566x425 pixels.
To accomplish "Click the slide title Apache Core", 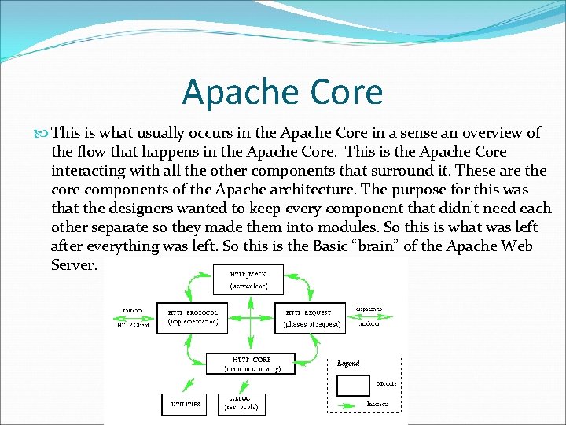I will [282, 92].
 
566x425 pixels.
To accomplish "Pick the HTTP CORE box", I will [250, 363].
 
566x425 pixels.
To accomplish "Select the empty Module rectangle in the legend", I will [353, 385].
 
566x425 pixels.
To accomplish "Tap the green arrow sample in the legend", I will [353, 404].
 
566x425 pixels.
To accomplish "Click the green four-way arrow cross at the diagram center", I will [249, 319].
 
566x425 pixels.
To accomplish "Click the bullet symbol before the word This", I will [42, 133].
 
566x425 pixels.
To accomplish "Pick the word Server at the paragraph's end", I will [74, 265].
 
